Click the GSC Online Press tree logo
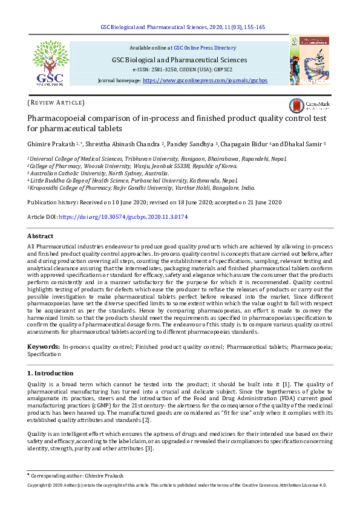coord(49,62)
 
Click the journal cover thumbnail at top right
coord(309,59)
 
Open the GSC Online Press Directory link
coord(205,48)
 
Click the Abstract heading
coord(40,236)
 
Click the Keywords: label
coord(44,346)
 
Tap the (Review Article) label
coord(56,103)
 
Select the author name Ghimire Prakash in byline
coord(51,144)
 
